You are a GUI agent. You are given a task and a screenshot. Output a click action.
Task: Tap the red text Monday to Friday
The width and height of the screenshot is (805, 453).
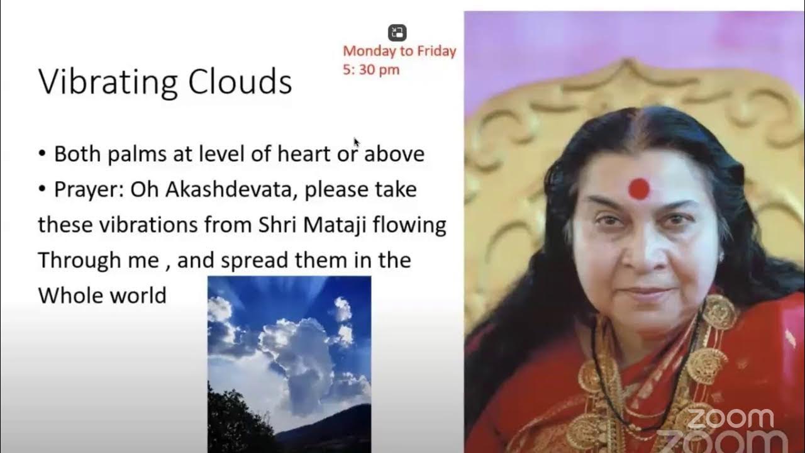pyautogui.click(x=399, y=52)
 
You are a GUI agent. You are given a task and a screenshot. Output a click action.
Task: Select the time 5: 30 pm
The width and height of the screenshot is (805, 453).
pyautogui.click(x=371, y=69)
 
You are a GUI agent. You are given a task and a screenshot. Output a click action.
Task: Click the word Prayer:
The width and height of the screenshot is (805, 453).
pyautogui.click(x=89, y=190)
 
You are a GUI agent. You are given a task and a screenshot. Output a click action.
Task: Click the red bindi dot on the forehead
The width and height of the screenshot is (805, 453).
pyautogui.click(x=639, y=188)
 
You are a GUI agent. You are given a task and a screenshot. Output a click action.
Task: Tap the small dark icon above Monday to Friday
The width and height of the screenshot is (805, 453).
pyautogui.click(x=397, y=33)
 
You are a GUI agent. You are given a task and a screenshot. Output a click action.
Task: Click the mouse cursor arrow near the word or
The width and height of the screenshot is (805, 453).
pyautogui.click(x=357, y=143)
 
